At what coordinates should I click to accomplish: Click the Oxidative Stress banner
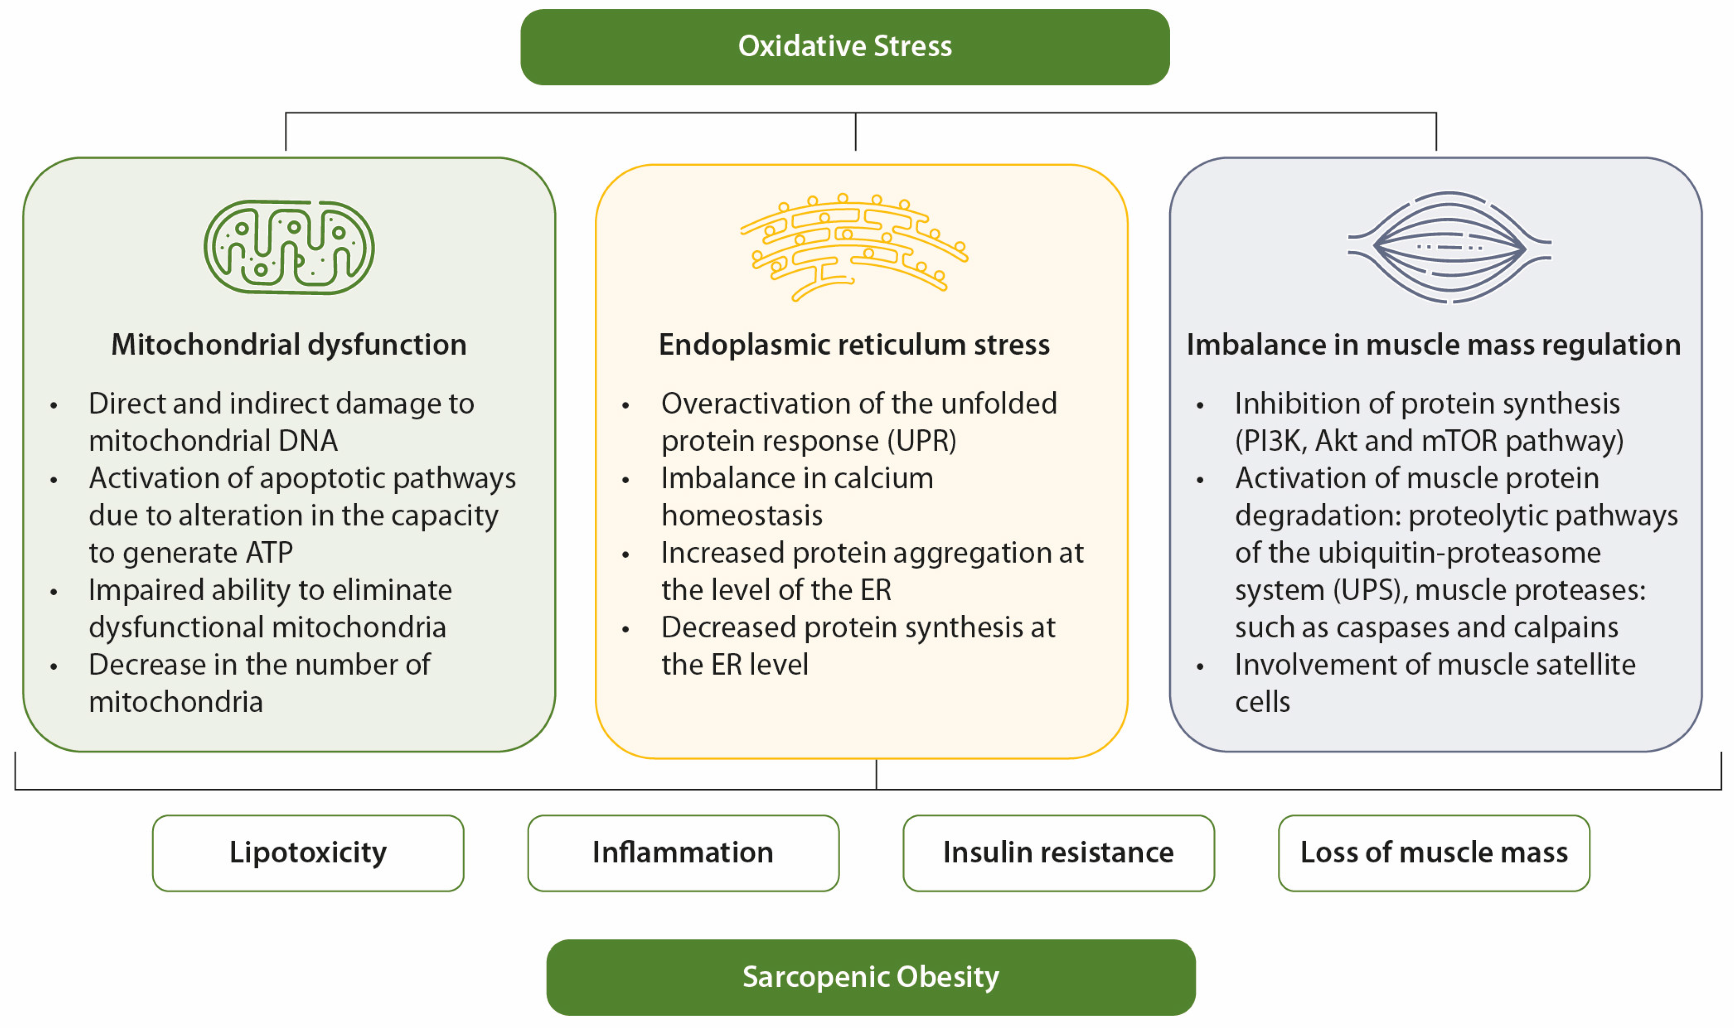click(x=844, y=47)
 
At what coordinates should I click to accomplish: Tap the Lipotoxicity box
click(x=307, y=853)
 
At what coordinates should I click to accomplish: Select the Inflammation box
click(x=683, y=853)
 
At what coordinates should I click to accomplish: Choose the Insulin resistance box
click(x=1058, y=853)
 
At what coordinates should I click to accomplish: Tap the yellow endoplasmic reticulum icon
click(x=854, y=247)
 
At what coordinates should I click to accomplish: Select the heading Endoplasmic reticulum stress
click(x=854, y=345)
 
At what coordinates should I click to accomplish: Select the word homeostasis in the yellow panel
click(x=742, y=516)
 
